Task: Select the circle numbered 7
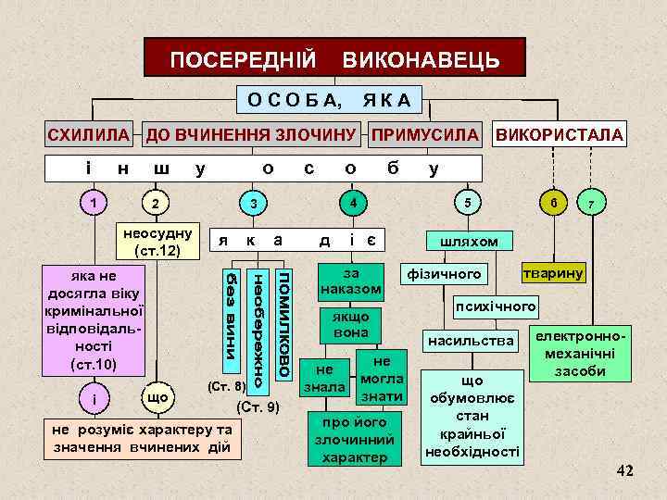(591, 203)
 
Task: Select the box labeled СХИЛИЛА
(89, 134)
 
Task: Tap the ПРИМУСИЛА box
(427, 134)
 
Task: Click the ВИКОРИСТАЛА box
(560, 134)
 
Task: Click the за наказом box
(351, 281)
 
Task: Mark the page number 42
(625, 471)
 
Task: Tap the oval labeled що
(157, 397)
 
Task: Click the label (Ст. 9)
(258, 407)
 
